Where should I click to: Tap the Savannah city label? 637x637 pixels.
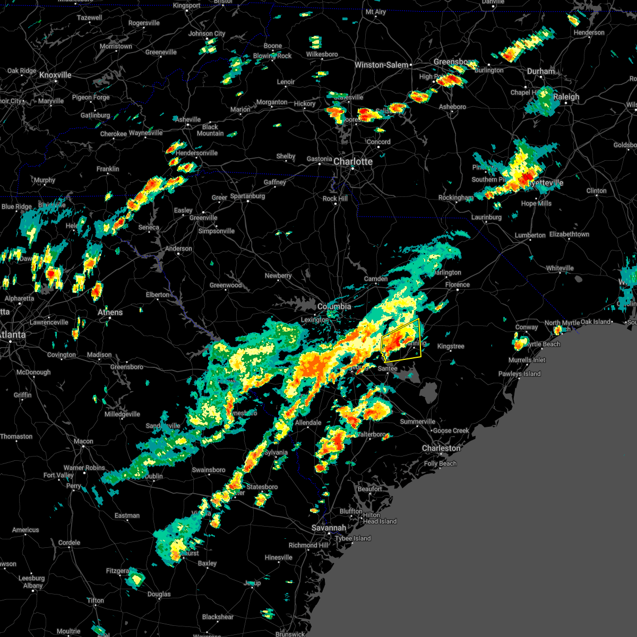329,528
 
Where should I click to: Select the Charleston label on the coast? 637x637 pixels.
441,448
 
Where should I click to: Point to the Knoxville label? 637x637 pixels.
55,75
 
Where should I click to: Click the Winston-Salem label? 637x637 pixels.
382,65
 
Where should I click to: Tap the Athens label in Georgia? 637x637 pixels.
110,312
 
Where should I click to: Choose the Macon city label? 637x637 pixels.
83,441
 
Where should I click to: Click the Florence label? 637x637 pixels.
458,285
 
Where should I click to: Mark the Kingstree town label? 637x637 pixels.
451,346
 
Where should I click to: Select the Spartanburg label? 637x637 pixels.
247,196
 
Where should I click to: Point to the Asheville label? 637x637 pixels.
188,119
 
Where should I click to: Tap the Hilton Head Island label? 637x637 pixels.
380,518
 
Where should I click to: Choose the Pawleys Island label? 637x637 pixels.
519,374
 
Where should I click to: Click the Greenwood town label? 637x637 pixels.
226,285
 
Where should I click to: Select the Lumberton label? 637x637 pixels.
530,235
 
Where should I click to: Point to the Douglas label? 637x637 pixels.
159,594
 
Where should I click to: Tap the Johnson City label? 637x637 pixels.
207,33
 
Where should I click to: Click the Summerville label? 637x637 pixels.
418,421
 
